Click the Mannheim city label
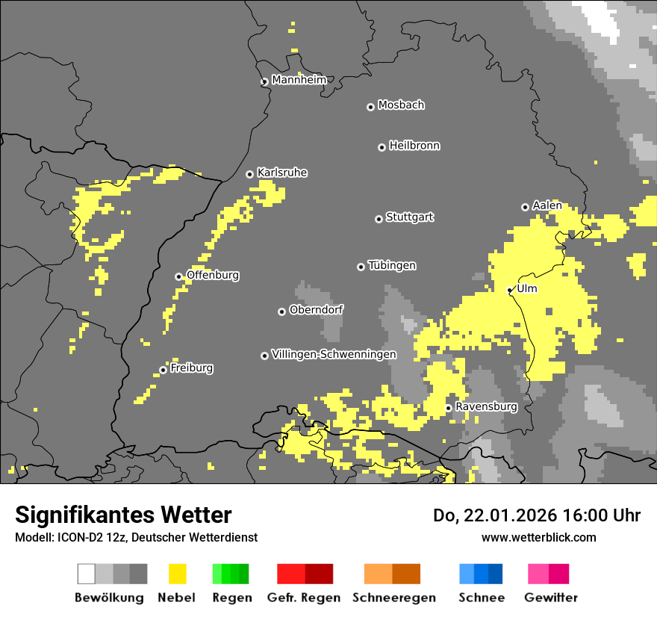[299, 80]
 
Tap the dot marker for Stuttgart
[379, 219]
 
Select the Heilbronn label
[414, 146]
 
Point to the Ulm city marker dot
[510, 290]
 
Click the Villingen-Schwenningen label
[334, 354]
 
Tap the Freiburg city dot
[163, 370]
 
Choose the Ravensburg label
[486, 406]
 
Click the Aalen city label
[547, 205]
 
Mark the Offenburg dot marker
[178, 276]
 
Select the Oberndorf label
[316, 309]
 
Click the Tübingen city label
[392, 265]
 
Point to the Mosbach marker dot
[370, 107]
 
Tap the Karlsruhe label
[282, 173]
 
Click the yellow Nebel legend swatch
[177, 574]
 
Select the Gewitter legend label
[550, 598]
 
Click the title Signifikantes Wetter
[123, 515]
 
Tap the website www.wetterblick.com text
[538, 537]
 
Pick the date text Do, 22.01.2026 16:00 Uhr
[536, 515]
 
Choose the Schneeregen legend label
[393, 598]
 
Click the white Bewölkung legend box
[87, 574]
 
